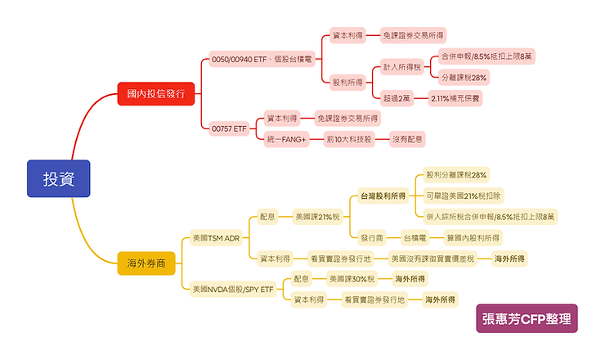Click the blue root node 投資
[57, 178]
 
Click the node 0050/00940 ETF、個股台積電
[262, 59]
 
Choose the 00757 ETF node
[229, 128]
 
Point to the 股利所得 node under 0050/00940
[347, 82]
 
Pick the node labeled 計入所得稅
[402, 68]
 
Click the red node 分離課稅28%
[464, 78]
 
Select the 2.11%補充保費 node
[455, 98]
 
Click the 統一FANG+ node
[286, 140]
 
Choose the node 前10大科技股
[348, 140]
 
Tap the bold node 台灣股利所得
[383, 196]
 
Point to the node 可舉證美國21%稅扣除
[464, 196]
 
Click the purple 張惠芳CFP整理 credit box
[527, 318]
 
